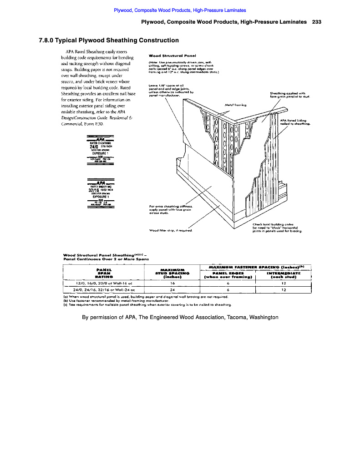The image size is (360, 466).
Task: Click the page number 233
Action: (317, 22)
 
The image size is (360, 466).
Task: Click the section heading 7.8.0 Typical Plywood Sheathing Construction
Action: (109, 41)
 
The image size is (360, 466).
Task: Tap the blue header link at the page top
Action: (180, 10)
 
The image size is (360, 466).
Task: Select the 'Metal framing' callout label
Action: (235, 105)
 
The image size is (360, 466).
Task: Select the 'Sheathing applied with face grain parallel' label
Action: (289, 96)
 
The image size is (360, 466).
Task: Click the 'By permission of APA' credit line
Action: (180, 317)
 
